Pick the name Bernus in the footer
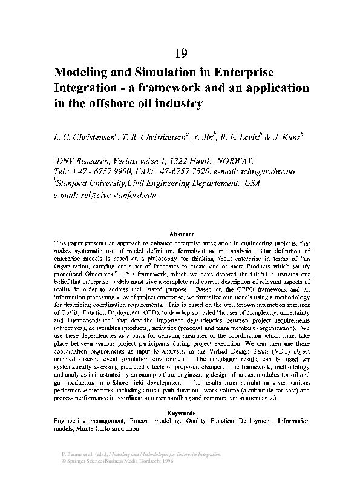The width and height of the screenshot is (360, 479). pos(75,454)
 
